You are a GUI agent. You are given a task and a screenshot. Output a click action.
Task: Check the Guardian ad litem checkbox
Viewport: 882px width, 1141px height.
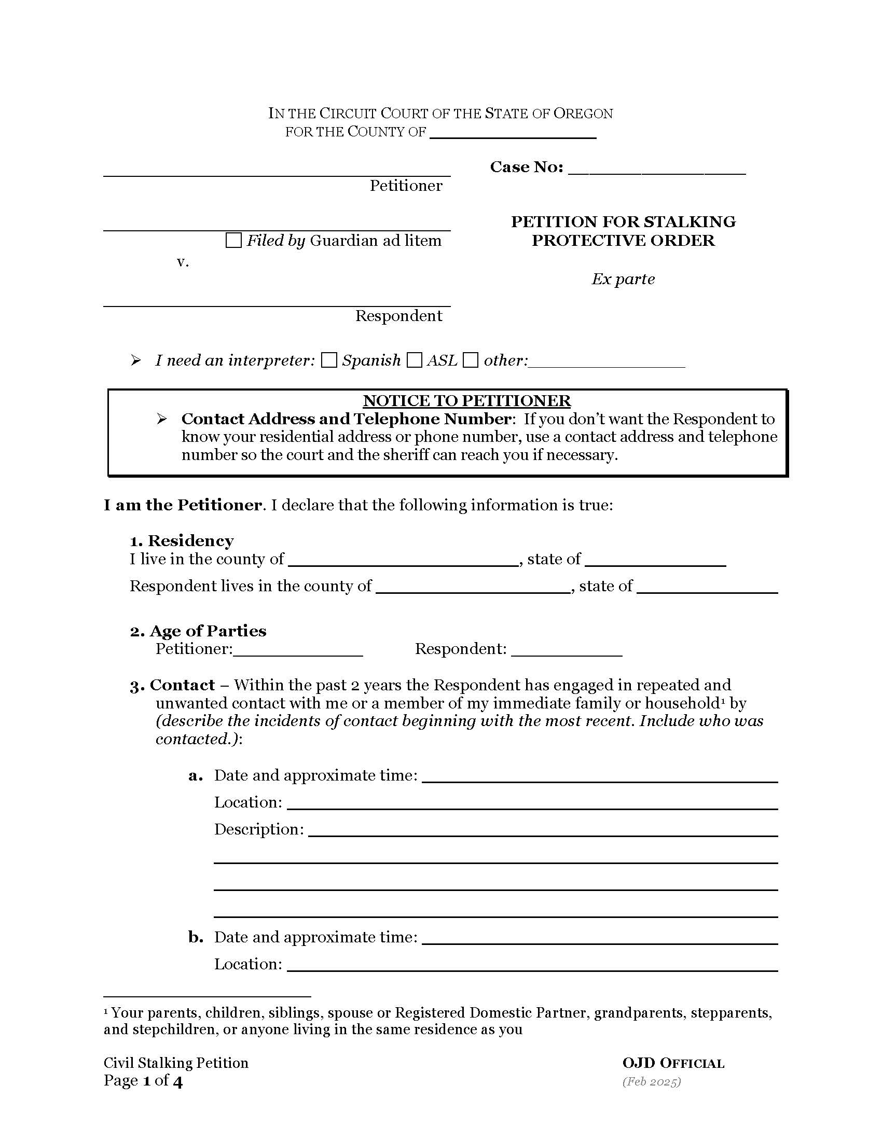(x=233, y=241)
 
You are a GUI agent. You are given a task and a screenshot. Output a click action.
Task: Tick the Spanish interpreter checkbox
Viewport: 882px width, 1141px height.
(x=328, y=360)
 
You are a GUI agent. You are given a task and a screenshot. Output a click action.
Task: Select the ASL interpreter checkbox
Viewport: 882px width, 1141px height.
(x=415, y=360)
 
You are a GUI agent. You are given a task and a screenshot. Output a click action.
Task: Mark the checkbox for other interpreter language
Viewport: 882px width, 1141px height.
(x=471, y=360)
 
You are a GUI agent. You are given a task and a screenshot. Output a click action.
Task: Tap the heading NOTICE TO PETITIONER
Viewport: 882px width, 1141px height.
(x=466, y=401)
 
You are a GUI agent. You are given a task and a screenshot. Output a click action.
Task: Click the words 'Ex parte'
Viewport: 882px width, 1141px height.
(x=623, y=279)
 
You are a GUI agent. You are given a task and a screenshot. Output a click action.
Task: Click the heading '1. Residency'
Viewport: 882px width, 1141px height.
(x=182, y=541)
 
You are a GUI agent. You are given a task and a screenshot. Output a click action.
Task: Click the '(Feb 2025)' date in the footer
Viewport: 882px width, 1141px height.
(x=651, y=1081)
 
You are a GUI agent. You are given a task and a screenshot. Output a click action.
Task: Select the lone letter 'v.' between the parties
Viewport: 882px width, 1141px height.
(x=182, y=262)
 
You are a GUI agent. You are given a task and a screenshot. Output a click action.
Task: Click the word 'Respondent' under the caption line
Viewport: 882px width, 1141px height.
(x=398, y=315)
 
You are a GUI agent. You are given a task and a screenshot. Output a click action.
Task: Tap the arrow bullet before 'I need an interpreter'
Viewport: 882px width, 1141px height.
(x=136, y=360)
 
